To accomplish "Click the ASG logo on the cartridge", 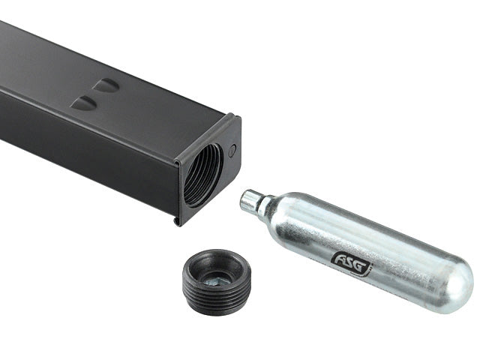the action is point(352,261).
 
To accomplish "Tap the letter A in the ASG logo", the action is point(340,258).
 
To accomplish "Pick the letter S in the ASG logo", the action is point(351,262).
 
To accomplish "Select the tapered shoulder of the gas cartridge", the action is point(268,211).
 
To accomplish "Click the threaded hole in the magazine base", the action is point(202,175).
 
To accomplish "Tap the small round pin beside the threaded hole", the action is point(232,151).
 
